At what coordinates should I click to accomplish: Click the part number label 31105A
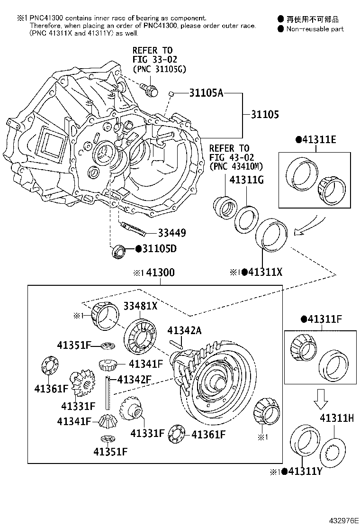(x=206, y=93)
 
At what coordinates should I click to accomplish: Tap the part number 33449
(x=171, y=233)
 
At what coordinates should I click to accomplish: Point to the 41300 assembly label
(x=160, y=273)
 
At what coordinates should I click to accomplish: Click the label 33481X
(x=141, y=306)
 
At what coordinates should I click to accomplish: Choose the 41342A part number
(x=185, y=330)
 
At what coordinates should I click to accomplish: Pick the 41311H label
(x=337, y=418)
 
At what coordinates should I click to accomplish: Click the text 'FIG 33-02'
(x=153, y=59)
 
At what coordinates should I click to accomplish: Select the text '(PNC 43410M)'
(x=236, y=166)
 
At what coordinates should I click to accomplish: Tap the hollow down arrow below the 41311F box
(x=320, y=399)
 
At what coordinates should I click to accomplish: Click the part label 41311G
(x=246, y=180)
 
